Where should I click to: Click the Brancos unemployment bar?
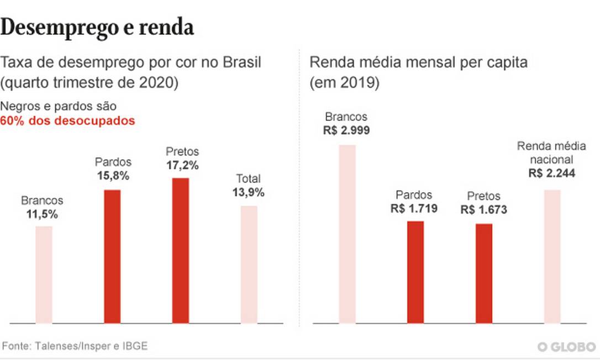pos(44,274)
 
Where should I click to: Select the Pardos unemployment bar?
pos(112,256)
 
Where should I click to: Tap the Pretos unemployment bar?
pos(181,250)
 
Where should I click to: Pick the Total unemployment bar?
pos(249,264)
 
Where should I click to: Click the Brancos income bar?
pos(347,234)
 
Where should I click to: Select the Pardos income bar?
pos(415,272)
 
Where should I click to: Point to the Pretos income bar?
pos(483,273)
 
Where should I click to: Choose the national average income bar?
pos(552,256)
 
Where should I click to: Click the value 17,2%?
pos(182,165)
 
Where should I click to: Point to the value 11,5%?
pos(42,214)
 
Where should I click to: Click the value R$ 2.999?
pos(346,131)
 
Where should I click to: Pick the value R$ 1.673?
pos(483,210)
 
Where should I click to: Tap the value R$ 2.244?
pos(551,173)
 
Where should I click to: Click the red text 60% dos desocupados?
pos(67,121)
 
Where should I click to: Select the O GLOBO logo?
pos(566,347)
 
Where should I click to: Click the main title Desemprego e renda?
pos(97,28)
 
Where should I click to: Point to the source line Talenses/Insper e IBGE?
pos(76,346)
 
